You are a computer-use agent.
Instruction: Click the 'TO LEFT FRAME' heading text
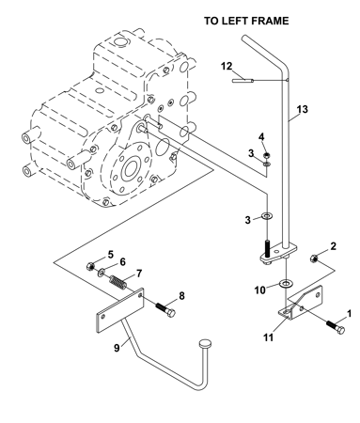(x=246, y=21)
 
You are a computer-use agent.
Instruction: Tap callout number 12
(x=227, y=67)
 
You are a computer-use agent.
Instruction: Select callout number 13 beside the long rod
(x=303, y=109)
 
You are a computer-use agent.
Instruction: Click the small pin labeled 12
(x=243, y=81)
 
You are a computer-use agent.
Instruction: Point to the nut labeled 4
(x=267, y=155)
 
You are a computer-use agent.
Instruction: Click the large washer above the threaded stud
(x=267, y=216)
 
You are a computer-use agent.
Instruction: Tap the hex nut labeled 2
(x=314, y=258)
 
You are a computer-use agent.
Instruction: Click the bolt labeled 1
(x=336, y=327)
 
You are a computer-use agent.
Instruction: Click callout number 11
(x=268, y=337)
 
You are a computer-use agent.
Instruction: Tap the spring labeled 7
(x=118, y=281)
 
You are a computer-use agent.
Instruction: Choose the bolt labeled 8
(x=165, y=309)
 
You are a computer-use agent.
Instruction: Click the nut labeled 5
(x=90, y=267)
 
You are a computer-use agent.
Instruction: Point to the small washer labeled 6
(x=102, y=273)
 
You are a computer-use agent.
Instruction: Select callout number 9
(x=117, y=348)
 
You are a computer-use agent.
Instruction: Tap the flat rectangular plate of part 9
(x=120, y=311)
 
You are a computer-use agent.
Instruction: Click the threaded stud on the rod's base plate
(x=267, y=247)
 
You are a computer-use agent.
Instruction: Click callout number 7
(x=138, y=273)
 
